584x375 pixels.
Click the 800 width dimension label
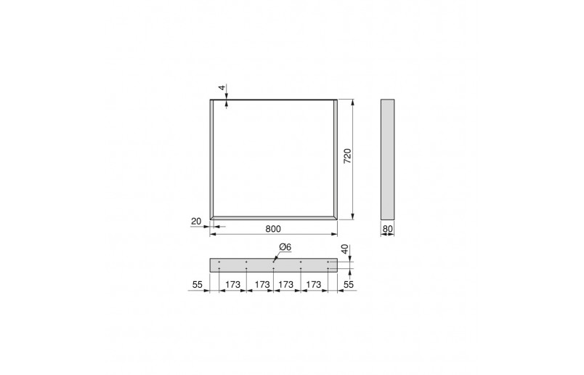pyautogui.click(x=273, y=228)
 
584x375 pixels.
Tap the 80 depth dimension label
pyautogui.click(x=387, y=228)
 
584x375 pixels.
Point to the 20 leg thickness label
pyautogui.click(x=195, y=220)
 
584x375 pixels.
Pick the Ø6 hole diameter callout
pyautogui.click(x=285, y=248)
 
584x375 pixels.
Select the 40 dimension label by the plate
pyautogui.click(x=346, y=250)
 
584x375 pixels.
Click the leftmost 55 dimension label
pyautogui.click(x=196, y=285)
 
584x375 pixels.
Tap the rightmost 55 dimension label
pyautogui.click(x=349, y=285)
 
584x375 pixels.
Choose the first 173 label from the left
pyautogui.click(x=232, y=285)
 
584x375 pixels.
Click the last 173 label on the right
pyautogui.click(x=314, y=285)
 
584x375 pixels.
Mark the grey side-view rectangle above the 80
pyautogui.click(x=387, y=158)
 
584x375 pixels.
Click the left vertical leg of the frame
pyautogui.click(x=212, y=158)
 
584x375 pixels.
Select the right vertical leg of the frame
pyautogui.click(x=336, y=158)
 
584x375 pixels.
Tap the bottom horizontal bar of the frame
pyautogui.click(x=274, y=217)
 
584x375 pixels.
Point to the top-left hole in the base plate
pyautogui.click(x=219, y=262)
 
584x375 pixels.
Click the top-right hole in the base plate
pyautogui.click(x=328, y=262)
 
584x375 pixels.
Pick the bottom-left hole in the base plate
pyautogui.click(x=219, y=269)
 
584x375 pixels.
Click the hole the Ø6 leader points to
pyautogui.click(x=274, y=262)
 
